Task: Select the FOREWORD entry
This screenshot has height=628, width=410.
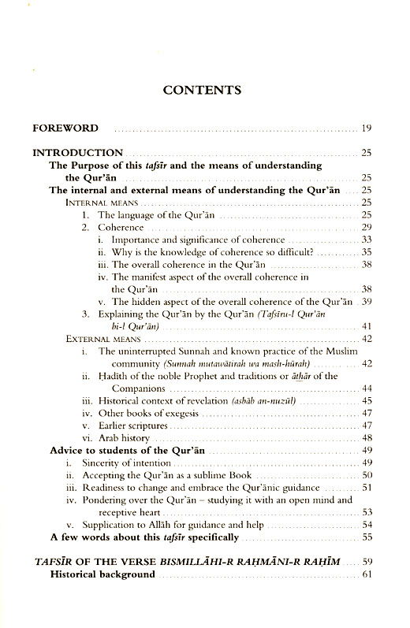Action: pyautogui.click(x=65, y=128)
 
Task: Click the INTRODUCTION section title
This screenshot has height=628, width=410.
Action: pyautogui.click(x=77, y=152)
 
